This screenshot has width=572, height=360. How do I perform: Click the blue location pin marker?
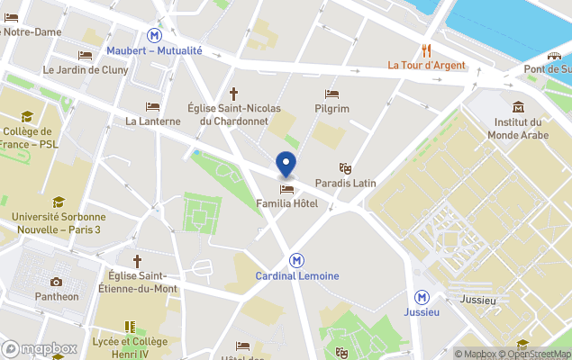[286, 165]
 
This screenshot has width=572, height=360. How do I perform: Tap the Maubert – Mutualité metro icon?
[157, 35]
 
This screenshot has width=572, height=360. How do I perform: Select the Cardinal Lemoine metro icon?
[296, 259]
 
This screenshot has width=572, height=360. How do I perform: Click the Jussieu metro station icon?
[422, 297]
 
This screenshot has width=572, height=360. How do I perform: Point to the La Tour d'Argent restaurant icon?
[426, 50]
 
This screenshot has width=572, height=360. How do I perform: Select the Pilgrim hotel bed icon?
[331, 94]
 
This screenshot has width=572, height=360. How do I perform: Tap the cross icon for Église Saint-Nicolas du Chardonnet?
[234, 93]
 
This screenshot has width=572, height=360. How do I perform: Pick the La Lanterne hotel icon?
[152, 106]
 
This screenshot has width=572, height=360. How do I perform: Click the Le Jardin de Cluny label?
[86, 69]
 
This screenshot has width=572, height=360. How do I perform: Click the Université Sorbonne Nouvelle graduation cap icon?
[59, 202]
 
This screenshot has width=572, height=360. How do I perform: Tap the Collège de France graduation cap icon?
[26, 116]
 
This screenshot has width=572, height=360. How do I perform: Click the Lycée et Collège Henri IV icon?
[130, 327]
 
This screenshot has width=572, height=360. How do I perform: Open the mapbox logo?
[40, 348]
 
